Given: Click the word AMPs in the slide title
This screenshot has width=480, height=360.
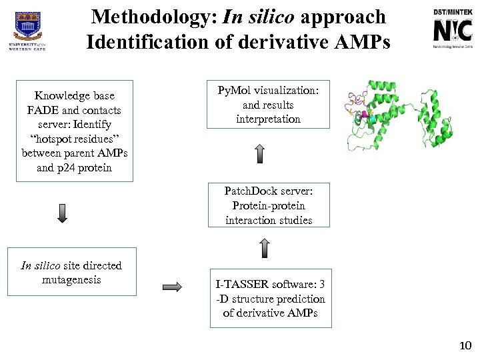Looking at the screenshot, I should click(x=357, y=41).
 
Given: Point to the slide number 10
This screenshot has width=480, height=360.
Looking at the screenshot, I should click(x=465, y=345).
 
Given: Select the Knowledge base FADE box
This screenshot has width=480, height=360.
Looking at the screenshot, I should click(x=74, y=131).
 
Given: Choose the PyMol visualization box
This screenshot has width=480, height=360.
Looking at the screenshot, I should click(x=269, y=105).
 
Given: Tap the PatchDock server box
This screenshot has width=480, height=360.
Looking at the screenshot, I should click(x=269, y=205).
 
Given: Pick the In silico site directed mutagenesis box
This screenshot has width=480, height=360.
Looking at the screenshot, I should click(x=71, y=272).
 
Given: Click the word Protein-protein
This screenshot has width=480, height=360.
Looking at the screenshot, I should click(x=269, y=205).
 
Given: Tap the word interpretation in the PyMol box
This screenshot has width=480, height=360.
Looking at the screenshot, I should click(x=269, y=119).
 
